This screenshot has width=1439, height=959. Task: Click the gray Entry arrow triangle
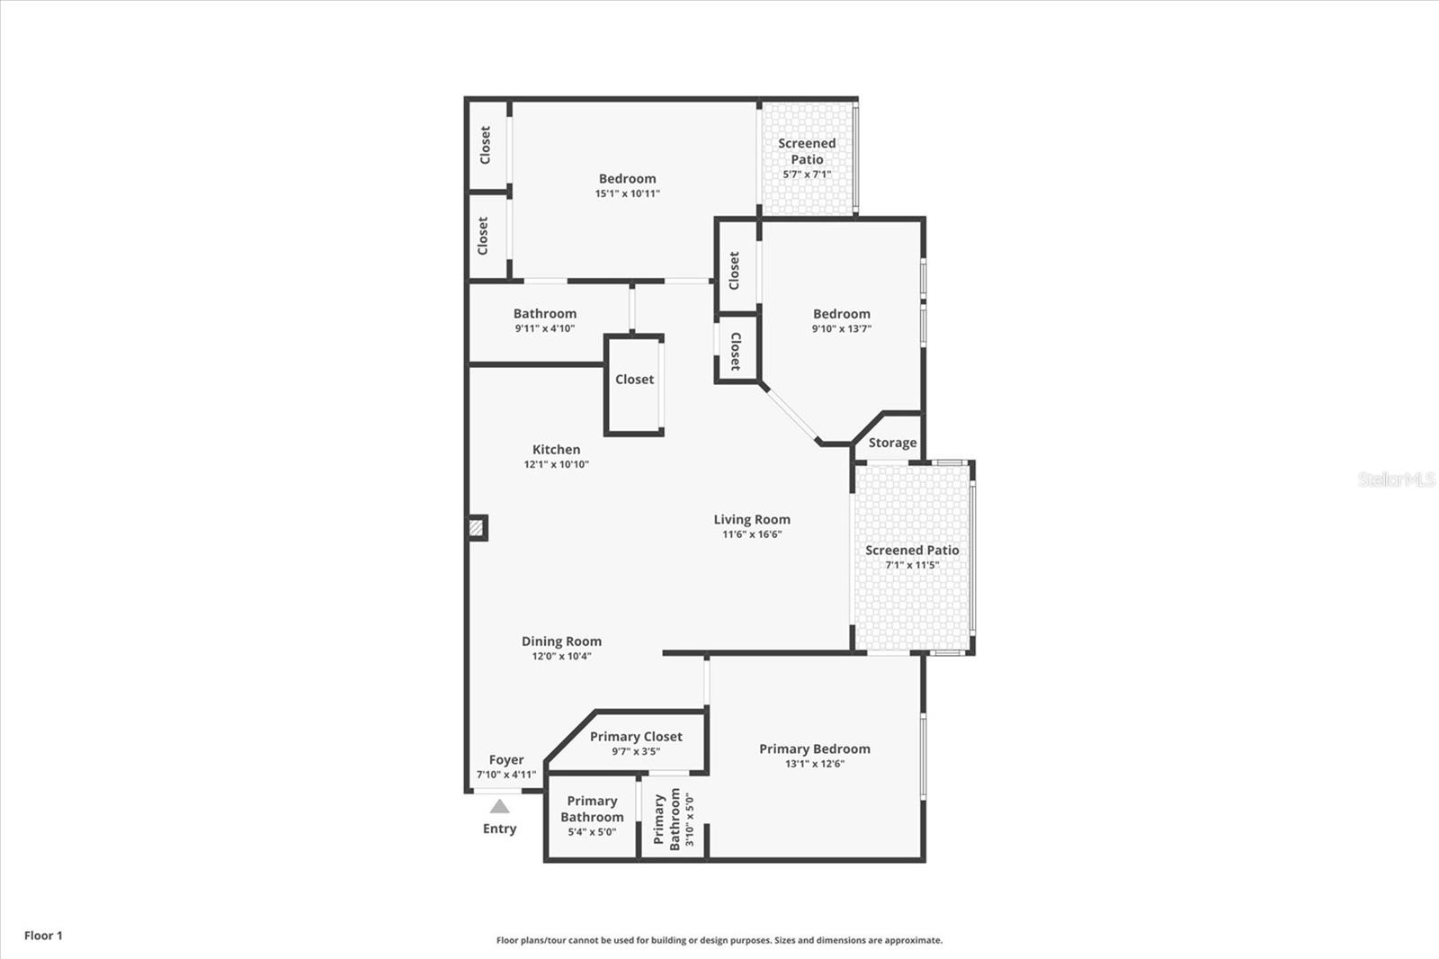pyautogui.click(x=499, y=807)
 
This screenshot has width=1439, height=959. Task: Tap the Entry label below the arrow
pyautogui.click(x=499, y=829)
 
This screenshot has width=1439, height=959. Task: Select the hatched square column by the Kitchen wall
pyautogui.click(x=477, y=528)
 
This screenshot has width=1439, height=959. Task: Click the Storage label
pyautogui.click(x=892, y=443)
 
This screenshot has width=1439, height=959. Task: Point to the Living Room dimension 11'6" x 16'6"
pyautogui.click(x=752, y=534)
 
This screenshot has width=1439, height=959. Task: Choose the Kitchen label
pyautogui.click(x=556, y=450)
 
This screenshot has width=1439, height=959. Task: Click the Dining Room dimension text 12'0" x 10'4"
pyautogui.click(x=561, y=657)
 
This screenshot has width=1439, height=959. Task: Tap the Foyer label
pyautogui.click(x=506, y=760)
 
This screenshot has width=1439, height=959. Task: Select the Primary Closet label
pyautogui.click(x=636, y=737)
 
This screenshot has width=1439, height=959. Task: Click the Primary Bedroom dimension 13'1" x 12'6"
pyautogui.click(x=814, y=765)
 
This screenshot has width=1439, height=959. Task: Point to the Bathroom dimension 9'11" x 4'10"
pyautogui.click(x=544, y=329)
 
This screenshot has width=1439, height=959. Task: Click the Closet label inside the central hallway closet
pyautogui.click(x=634, y=380)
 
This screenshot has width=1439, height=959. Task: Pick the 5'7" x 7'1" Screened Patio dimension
pyautogui.click(x=807, y=175)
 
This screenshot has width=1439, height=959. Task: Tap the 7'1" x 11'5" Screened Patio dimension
pyautogui.click(x=912, y=566)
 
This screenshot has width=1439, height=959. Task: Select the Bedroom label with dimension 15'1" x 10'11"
pyautogui.click(x=627, y=179)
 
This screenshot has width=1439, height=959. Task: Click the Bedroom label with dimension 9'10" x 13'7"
pyautogui.click(x=841, y=314)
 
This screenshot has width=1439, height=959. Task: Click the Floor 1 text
pyautogui.click(x=43, y=936)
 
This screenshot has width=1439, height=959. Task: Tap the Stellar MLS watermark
pyautogui.click(x=1396, y=479)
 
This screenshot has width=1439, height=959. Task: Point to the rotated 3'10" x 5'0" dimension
pyautogui.click(x=690, y=819)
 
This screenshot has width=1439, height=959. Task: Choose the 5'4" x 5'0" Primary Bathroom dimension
pyautogui.click(x=591, y=832)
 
